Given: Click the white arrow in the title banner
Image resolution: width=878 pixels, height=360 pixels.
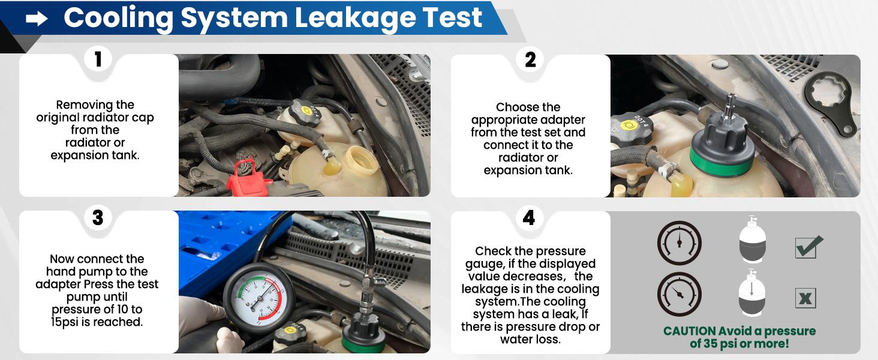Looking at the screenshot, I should tap(37, 19).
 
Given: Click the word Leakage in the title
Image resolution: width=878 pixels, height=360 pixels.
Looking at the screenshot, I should tap(359, 17).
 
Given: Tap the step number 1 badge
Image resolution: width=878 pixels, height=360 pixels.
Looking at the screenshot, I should tap(98, 59).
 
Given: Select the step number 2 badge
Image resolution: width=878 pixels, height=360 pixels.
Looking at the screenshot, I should tap(530, 60).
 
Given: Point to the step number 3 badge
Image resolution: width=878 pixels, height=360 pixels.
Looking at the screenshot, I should tap(98, 217).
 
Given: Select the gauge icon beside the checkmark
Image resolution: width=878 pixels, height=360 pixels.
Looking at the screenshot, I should tap(679, 243).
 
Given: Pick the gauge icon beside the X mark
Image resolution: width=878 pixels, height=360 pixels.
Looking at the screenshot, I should tap(679, 295).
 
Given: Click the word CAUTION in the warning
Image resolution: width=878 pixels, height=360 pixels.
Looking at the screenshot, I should tap(689, 331).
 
